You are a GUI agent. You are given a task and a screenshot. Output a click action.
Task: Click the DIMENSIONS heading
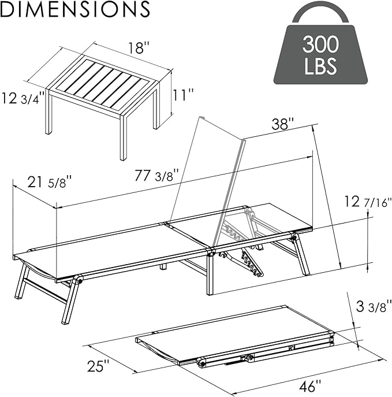coord(75,9)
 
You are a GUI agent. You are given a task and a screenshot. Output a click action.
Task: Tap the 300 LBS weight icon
coord(320,46)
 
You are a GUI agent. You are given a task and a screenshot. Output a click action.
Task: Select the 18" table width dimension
coord(139,48)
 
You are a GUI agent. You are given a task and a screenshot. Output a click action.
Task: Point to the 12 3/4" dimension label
coord(23,98)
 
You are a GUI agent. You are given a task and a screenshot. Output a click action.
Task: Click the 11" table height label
coord(182,95)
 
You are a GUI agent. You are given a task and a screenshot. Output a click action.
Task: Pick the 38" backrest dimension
coord(282,124)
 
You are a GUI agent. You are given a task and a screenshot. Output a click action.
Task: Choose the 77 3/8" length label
coord(157,175)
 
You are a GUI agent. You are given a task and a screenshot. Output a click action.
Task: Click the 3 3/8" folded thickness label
coord(374,306)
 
